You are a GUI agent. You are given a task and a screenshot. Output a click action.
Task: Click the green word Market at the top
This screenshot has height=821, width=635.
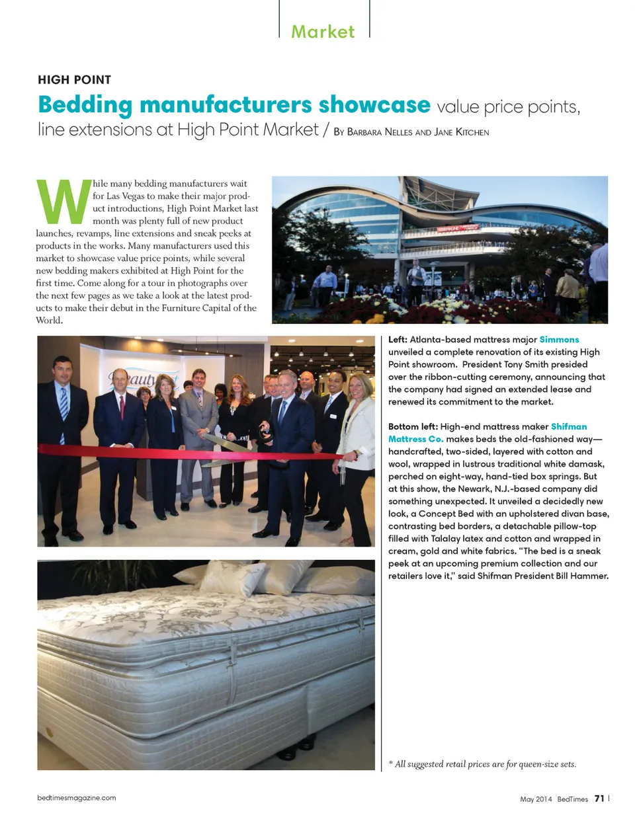323,32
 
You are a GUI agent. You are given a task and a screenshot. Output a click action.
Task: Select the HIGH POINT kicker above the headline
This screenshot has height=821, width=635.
75,80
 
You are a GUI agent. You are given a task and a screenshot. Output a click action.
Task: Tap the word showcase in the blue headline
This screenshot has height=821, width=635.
374,105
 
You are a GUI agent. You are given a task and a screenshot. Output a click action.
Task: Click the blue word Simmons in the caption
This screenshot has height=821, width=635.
559,340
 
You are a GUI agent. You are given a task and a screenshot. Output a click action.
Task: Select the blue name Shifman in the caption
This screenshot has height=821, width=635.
569,427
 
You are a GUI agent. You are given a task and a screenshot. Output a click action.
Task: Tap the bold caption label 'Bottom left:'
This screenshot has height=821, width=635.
413,427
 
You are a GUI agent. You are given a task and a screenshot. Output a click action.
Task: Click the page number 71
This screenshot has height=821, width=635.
599,799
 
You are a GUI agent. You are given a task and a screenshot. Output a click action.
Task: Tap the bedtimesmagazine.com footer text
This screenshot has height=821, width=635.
77,798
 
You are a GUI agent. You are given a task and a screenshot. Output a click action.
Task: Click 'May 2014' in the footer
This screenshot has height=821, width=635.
536,799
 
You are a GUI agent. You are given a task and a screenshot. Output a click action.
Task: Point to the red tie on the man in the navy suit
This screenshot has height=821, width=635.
122,407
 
